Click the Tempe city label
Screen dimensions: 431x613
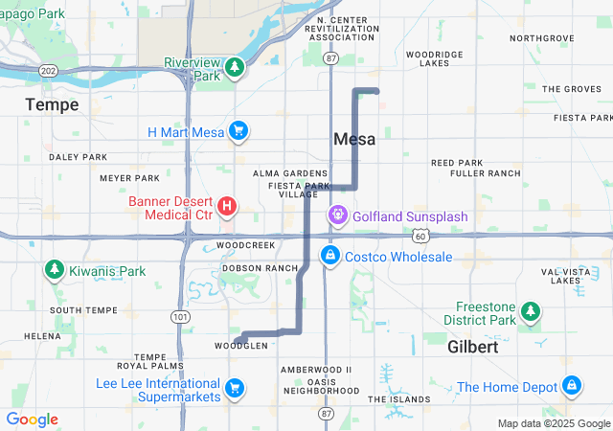53,103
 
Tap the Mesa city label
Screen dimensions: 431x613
354,139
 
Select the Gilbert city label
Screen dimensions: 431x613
473,347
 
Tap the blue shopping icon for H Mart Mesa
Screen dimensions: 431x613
238,131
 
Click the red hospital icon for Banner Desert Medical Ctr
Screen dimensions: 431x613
228,205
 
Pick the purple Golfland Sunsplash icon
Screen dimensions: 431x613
338,216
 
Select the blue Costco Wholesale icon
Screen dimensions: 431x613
330,256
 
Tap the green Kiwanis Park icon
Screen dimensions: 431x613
54,271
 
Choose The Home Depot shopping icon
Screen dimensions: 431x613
572,386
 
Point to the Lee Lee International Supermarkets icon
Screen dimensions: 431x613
234,389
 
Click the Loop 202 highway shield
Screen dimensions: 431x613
50,71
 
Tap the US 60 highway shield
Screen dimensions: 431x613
421,235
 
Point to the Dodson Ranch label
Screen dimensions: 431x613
260,268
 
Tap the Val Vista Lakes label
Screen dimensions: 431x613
560,276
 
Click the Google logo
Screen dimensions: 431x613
32,420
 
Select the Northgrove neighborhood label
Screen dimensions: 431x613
542,38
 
